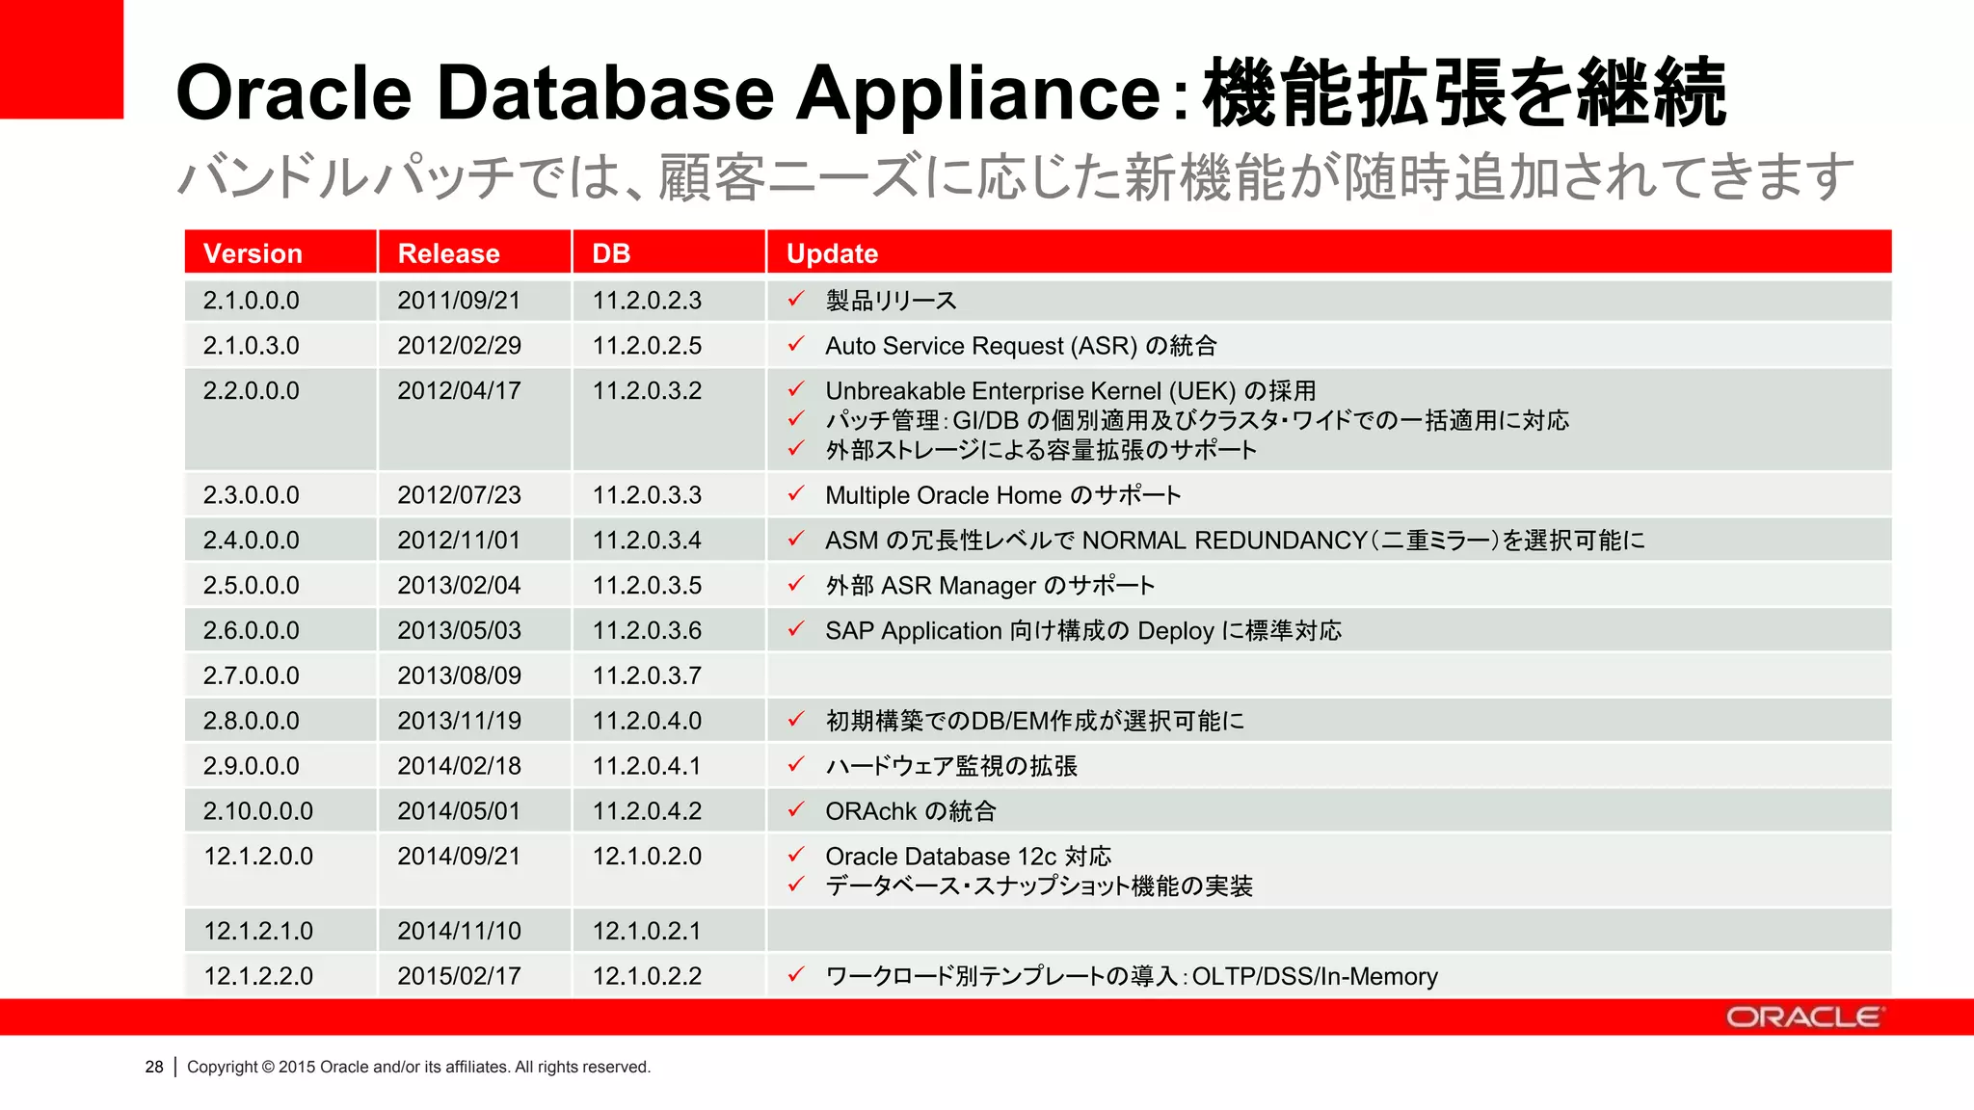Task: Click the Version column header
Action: (x=253, y=253)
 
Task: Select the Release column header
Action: (x=448, y=253)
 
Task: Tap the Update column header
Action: (x=832, y=253)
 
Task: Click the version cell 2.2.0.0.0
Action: (x=251, y=391)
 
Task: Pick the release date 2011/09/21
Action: (x=459, y=301)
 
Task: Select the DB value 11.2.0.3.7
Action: (x=647, y=675)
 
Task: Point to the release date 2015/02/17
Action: (x=459, y=976)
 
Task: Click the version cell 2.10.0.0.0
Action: (x=257, y=811)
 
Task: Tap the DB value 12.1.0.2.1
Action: (x=647, y=931)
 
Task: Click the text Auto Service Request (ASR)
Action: (x=981, y=346)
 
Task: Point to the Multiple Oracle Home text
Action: (x=944, y=495)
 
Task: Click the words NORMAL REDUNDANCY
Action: (x=1224, y=541)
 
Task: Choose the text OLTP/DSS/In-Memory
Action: (x=1315, y=976)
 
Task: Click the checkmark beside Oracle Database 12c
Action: (x=796, y=855)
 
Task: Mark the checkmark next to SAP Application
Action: (x=796, y=629)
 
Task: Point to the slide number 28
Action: (x=154, y=1067)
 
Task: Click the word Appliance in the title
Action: (x=978, y=92)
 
